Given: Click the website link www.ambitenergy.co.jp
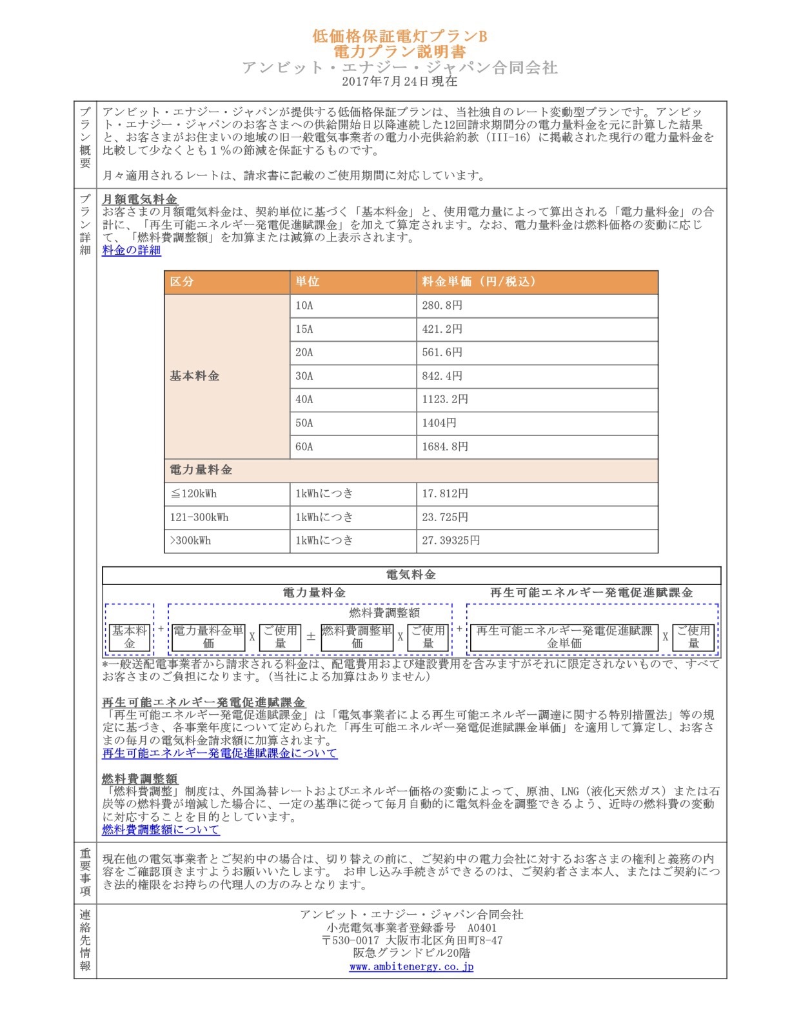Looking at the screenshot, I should coord(411,966).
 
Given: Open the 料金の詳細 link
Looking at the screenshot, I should coord(131,250).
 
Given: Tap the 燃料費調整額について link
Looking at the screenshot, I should coord(161,829).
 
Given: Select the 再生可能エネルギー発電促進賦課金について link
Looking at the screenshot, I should coord(219,753).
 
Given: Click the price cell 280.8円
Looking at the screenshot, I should coord(442,306).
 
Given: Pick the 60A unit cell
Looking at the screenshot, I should coord(304,446).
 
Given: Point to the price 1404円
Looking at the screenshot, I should coord(439,423).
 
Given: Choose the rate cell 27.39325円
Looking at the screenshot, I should coord(451,541).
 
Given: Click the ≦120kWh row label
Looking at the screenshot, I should coord(193,493).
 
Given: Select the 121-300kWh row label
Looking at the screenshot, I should coord(199,517).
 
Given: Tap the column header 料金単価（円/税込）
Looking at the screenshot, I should coord(479,282).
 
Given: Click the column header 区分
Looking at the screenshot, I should coord(182,282).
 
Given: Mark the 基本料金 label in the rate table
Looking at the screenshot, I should coord(195,376).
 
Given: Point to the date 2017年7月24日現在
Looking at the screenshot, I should coord(399,81).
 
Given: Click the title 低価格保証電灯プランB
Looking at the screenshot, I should coord(399,36).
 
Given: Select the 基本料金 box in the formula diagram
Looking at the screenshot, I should coord(130,637).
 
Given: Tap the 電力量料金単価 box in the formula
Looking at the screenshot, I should coord(208,637).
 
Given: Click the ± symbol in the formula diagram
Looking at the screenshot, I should coord(311,637).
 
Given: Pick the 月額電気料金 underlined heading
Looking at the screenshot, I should coord(139,199).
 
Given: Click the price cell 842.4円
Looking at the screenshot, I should coord(442,376).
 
